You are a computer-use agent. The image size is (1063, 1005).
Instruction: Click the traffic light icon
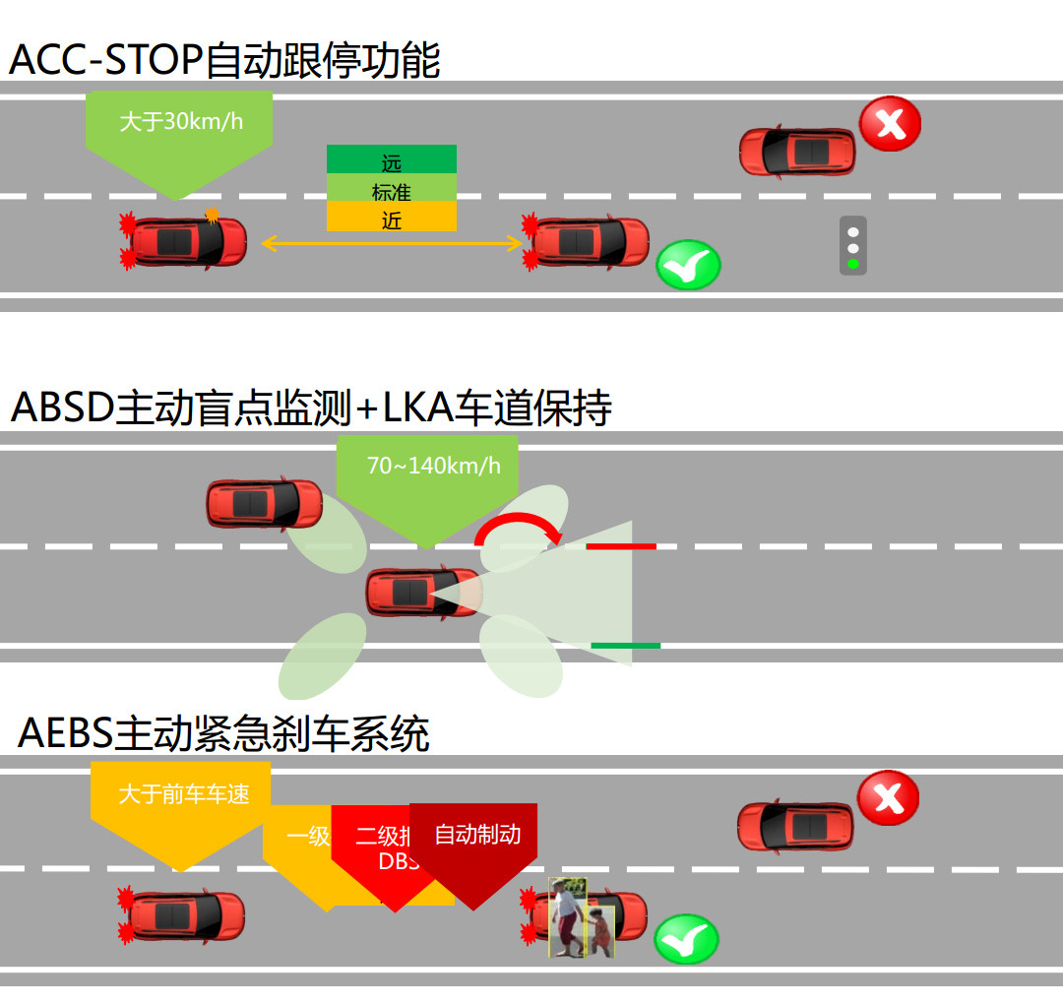coord(853,245)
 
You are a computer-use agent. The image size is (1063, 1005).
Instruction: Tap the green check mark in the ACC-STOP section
coord(688,265)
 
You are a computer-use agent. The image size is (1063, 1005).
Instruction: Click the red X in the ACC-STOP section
coord(890,124)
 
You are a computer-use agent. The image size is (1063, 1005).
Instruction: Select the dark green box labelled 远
coord(392,159)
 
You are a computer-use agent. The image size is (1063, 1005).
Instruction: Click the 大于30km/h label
coord(180,122)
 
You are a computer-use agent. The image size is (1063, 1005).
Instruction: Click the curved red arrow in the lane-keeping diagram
coord(517,527)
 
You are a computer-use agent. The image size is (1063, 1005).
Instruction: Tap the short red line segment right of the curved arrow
coord(621,545)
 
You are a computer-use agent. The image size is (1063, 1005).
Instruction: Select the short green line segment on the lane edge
coord(625,646)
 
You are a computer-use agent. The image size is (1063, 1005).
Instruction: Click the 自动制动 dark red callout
coord(477,836)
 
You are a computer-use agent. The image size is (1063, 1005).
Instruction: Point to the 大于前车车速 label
coord(183,794)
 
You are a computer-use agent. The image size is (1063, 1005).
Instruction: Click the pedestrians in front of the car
coord(581,917)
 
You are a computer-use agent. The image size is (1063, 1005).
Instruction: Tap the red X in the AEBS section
coord(888,797)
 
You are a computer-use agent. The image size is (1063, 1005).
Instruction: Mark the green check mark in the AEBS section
coord(686,938)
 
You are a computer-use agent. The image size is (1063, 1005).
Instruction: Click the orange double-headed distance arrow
coord(391,242)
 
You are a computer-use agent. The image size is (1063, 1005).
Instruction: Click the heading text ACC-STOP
coord(105,61)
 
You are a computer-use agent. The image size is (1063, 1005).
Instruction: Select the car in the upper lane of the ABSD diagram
coord(264,504)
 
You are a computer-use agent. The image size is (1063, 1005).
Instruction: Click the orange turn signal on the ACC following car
coord(212,214)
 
